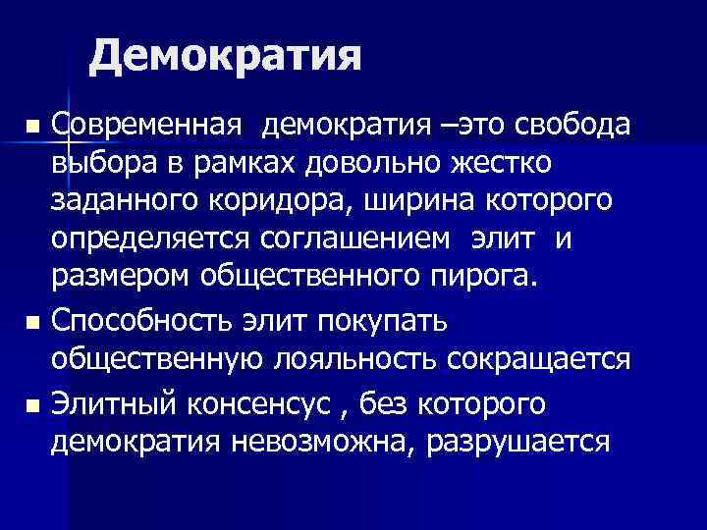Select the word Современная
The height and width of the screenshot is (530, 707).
(146, 126)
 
